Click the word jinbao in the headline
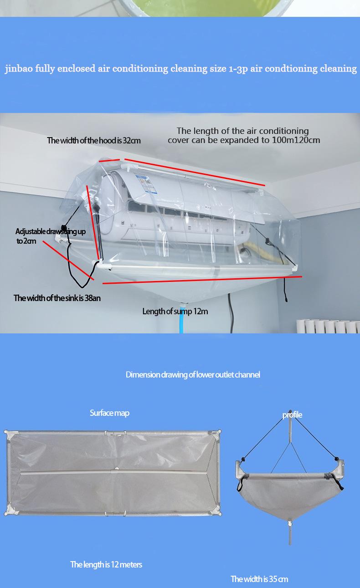point(18,69)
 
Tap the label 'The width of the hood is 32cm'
point(94,141)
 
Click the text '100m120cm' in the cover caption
point(296,140)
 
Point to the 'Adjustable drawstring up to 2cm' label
point(50,236)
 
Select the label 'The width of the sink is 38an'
point(57,298)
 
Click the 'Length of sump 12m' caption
point(175,312)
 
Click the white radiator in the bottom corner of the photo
point(328,326)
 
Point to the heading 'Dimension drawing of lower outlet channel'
point(193,375)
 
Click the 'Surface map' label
point(109,413)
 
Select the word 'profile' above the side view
point(292,414)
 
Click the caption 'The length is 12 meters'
point(106,565)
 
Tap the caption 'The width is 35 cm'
point(259,579)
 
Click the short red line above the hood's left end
point(109,160)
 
